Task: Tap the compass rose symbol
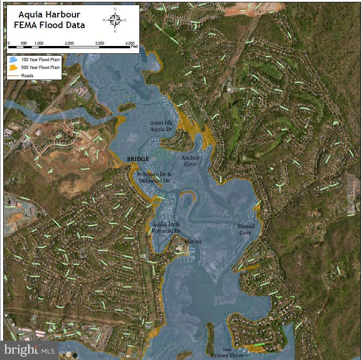(x=115, y=20)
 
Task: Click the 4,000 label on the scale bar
(x=130, y=43)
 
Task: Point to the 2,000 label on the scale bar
(x=69, y=43)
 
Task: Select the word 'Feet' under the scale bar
(x=134, y=47)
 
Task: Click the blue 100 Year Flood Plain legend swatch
(x=13, y=60)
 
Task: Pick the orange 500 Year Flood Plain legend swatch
(x=13, y=68)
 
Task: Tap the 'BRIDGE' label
(x=138, y=159)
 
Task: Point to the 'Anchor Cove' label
(x=190, y=161)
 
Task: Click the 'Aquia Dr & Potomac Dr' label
(x=166, y=227)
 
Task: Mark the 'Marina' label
(x=193, y=241)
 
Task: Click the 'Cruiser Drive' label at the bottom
(x=227, y=355)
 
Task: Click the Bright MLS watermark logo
(x=29, y=350)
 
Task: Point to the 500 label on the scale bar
(x=24, y=43)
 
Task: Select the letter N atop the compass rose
(x=115, y=9)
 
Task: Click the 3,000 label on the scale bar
(x=99, y=43)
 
